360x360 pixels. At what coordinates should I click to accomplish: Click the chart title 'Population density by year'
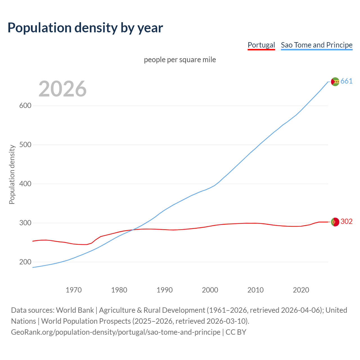click(x=85, y=28)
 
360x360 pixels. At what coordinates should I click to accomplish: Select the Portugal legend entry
click(x=261, y=45)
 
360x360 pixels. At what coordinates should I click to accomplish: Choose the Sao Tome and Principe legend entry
click(x=316, y=45)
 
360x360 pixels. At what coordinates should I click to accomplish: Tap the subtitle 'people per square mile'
click(x=180, y=60)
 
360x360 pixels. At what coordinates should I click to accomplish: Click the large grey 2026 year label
click(x=62, y=89)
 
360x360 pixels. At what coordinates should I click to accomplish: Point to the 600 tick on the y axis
click(x=25, y=106)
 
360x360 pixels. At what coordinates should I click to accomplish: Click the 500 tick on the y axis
click(x=25, y=145)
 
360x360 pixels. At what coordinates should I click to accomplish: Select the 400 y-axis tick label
click(x=25, y=184)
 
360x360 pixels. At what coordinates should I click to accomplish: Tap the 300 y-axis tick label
click(x=25, y=223)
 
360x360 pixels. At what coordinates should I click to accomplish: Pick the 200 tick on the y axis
click(x=25, y=262)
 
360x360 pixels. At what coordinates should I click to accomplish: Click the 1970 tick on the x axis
click(x=74, y=290)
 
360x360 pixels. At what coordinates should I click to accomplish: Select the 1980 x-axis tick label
click(x=119, y=290)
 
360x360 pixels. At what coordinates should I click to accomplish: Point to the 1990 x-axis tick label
click(x=165, y=290)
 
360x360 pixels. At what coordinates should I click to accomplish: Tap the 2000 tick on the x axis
click(x=210, y=290)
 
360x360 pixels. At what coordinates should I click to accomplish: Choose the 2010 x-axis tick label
click(x=255, y=290)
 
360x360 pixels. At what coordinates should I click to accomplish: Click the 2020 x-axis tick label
click(x=301, y=290)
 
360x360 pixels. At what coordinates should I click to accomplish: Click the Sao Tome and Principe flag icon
click(x=335, y=82)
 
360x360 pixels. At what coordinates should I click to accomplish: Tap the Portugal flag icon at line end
click(x=335, y=222)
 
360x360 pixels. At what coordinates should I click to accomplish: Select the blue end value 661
click(x=346, y=81)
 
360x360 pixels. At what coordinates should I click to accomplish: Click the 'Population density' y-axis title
click(x=12, y=174)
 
